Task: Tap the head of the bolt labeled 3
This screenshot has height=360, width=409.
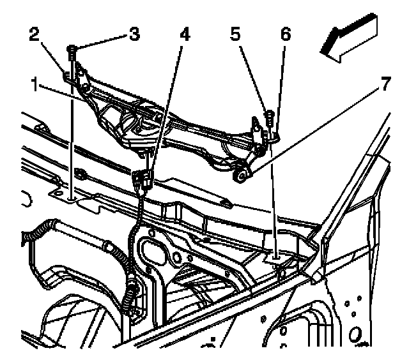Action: click(72, 49)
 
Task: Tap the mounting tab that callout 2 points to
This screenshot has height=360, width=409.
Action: click(68, 78)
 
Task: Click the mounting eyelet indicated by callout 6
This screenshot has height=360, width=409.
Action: click(274, 135)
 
